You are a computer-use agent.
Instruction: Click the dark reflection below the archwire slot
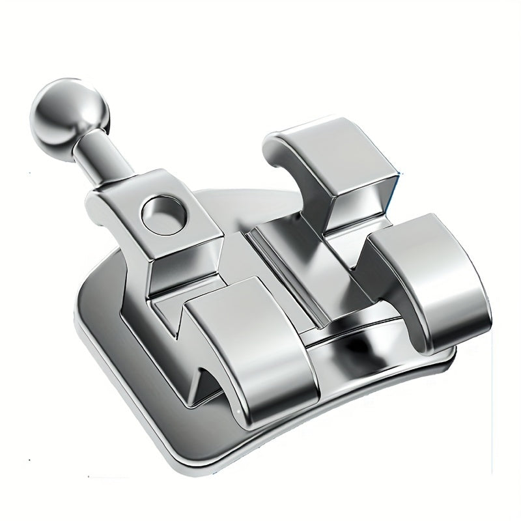(365, 345)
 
